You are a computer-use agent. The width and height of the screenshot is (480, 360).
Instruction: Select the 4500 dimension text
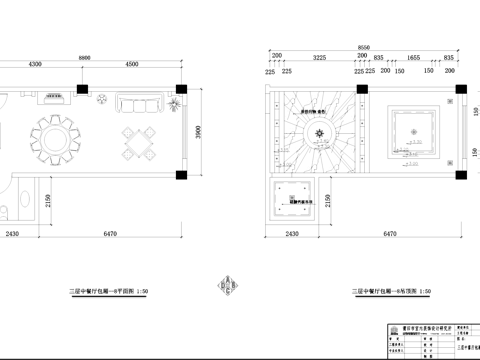point(132,65)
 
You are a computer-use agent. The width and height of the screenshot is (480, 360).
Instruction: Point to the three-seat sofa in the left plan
point(138,103)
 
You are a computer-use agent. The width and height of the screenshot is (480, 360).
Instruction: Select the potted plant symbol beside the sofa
point(175,103)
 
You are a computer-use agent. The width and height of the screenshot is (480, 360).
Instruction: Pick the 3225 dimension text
point(320,58)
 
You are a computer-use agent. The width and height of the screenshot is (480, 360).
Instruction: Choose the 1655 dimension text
point(412,58)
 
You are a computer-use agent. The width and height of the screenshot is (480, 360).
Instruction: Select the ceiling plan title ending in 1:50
point(390,291)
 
